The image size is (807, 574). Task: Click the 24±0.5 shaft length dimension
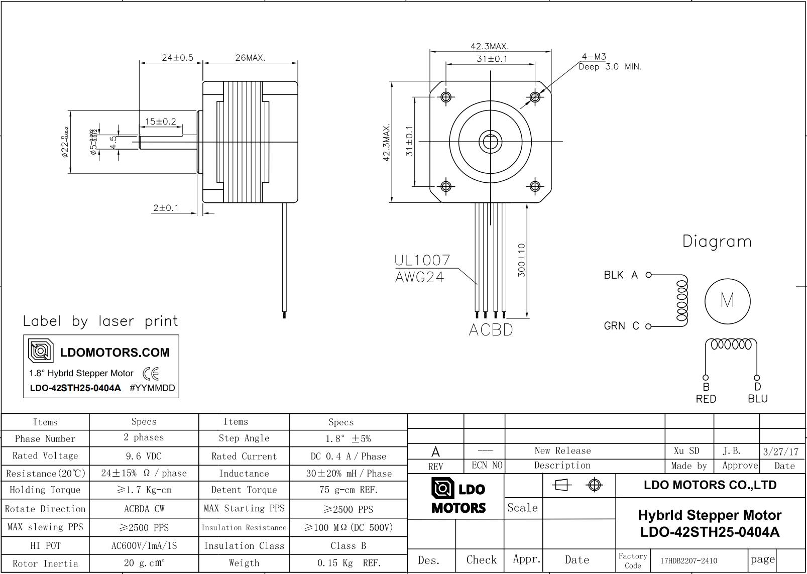pyautogui.click(x=177, y=58)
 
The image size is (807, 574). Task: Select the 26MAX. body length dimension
pyautogui.click(x=251, y=58)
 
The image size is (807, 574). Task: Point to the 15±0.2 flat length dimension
pyautogui.click(x=160, y=122)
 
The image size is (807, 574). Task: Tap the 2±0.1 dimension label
pyautogui.click(x=166, y=208)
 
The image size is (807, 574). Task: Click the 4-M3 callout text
pyautogui.click(x=594, y=57)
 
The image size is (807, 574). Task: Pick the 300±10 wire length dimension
pyautogui.click(x=521, y=260)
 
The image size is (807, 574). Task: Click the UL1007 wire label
pyautogui.click(x=422, y=260)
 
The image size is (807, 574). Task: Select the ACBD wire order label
pyautogui.click(x=491, y=330)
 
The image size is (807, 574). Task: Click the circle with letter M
pyautogui.click(x=727, y=279)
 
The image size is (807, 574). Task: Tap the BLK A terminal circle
pyautogui.click(x=648, y=275)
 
